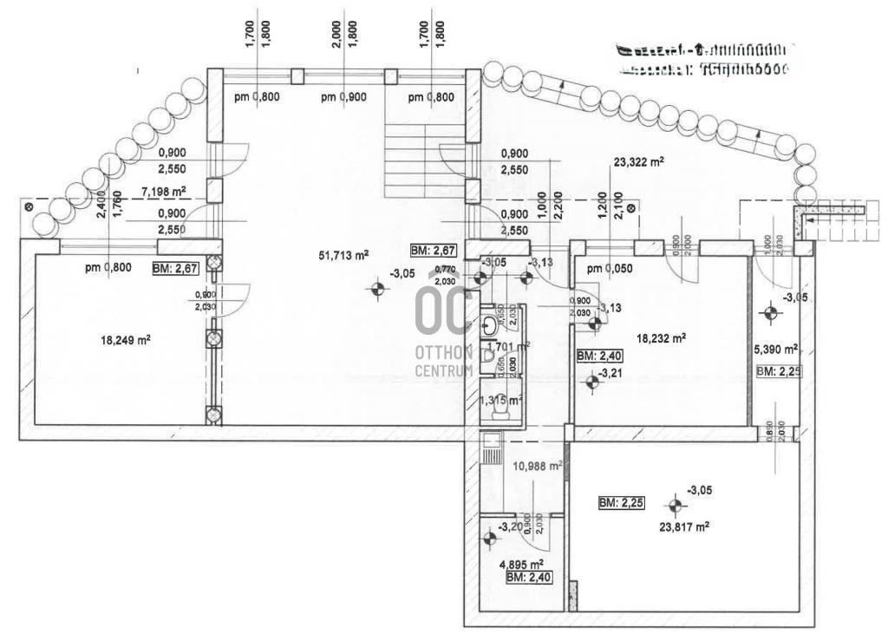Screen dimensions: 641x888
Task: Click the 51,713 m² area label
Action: coord(343,255)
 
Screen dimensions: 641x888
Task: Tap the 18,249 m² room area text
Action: coord(126,341)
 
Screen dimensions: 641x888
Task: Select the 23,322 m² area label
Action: coord(638,162)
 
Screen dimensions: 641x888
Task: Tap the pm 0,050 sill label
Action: coord(610,268)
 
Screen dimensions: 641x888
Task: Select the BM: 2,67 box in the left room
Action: coord(176,268)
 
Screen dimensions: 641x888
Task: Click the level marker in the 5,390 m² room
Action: coord(769,312)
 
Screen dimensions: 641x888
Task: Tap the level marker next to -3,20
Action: coord(488,539)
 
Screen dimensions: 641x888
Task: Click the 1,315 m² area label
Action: coord(501,400)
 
